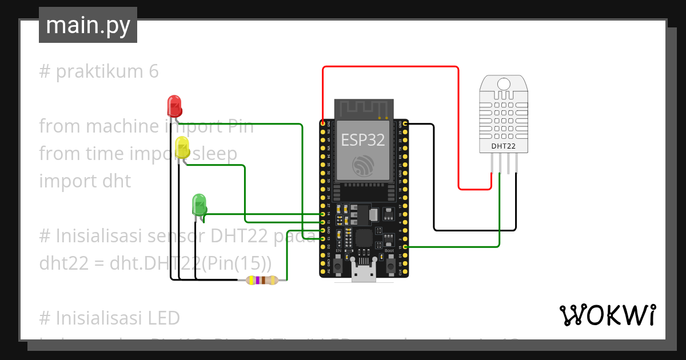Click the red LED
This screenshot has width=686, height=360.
pos(174,106)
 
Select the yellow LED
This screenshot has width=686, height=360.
pos(182,147)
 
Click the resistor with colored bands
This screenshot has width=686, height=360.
pos(261,280)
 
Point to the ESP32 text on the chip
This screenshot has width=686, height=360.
pos(363,139)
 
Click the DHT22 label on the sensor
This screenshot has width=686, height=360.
pos(503,146)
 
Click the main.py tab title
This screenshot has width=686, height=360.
pos(88,25)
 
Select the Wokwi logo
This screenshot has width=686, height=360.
pos(607,315)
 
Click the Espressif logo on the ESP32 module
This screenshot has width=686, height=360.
pos(364,165)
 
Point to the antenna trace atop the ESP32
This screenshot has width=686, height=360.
pos(364,108)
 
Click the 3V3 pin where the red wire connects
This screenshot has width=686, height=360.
pos(323,123)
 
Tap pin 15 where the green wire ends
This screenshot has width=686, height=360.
pos(405,247)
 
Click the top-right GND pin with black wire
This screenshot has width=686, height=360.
pos(405,123)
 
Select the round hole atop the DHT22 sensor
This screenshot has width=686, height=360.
pos(503,84)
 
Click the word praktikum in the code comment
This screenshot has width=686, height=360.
pos(100,72)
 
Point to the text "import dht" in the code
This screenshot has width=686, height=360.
pos(85,181)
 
